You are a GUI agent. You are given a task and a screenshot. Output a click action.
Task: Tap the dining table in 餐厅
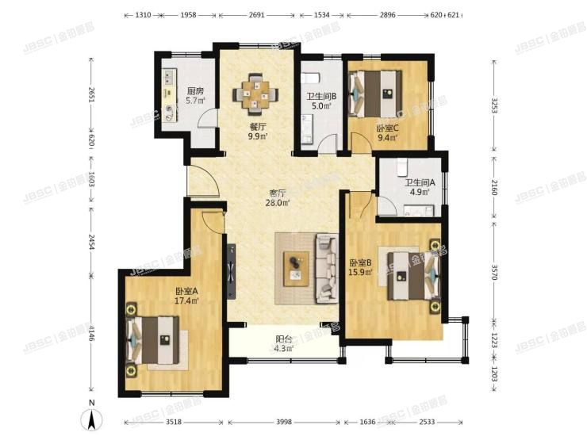click(255, 93)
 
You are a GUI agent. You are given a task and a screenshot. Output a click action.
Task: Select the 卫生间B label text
click(320, 98)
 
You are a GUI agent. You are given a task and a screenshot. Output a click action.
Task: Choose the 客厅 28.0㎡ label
click(277, 197)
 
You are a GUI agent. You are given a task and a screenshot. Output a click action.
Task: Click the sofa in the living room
click(326, 269)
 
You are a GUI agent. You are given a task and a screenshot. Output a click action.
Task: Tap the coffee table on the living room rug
click(297, 264)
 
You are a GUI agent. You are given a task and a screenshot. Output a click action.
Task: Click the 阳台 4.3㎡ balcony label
click(283, 342)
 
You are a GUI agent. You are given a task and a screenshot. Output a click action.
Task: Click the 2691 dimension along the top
click(256, 14)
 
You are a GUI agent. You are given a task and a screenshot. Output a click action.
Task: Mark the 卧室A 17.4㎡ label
click(187, 296)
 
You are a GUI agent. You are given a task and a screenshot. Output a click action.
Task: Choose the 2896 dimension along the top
click(387, 14)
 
